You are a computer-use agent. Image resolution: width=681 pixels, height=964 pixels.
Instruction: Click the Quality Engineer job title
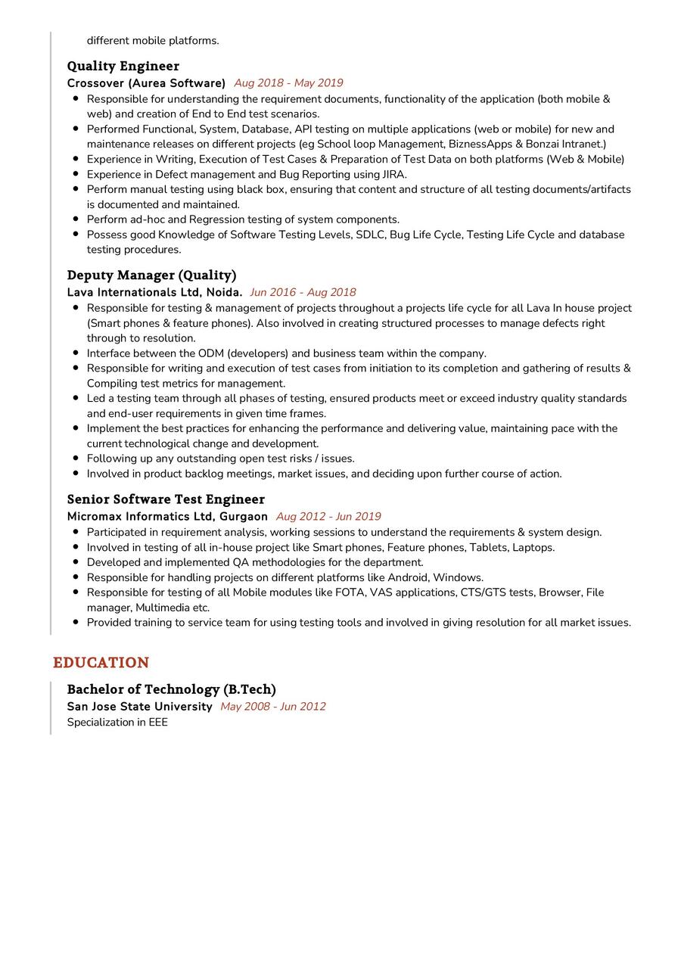[x=123, y=66]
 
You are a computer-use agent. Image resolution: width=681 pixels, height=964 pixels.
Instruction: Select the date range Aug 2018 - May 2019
[x=288, y=83]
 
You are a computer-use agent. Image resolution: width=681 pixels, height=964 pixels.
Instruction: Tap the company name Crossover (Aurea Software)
[x=146, y=83]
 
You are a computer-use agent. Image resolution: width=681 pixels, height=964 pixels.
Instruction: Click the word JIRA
[x=394, y=174]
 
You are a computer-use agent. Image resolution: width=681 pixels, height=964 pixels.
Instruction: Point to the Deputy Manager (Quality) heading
[x=151, y=275]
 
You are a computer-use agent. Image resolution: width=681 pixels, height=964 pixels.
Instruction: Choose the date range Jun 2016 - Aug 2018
[x=303, y=292]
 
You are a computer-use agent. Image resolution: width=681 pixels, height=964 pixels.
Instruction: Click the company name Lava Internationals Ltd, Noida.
[x=154, y=292]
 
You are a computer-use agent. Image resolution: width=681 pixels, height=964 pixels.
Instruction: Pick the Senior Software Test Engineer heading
[x=166, y=499]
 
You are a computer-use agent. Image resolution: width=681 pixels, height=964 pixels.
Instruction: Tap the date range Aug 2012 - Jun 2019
[x=328, y=517]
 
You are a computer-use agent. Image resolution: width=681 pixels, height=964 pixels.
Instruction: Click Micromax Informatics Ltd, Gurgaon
[x=167, y=517]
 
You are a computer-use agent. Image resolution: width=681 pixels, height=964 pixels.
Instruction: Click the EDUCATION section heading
[x=101, y=663]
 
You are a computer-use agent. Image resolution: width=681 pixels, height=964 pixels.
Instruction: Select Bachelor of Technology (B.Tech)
[x=171, y=689]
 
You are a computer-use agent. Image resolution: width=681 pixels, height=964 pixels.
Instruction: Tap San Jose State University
[x=139, y=707]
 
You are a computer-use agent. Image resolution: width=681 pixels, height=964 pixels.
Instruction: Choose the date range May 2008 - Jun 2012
[x=272, y=707]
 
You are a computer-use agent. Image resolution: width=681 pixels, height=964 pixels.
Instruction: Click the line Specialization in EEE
[x=117, y=723]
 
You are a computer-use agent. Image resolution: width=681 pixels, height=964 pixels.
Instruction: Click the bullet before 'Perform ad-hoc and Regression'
[x=76, y=219]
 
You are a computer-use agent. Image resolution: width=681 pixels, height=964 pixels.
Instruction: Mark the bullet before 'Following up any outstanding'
[x=76, y=459]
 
